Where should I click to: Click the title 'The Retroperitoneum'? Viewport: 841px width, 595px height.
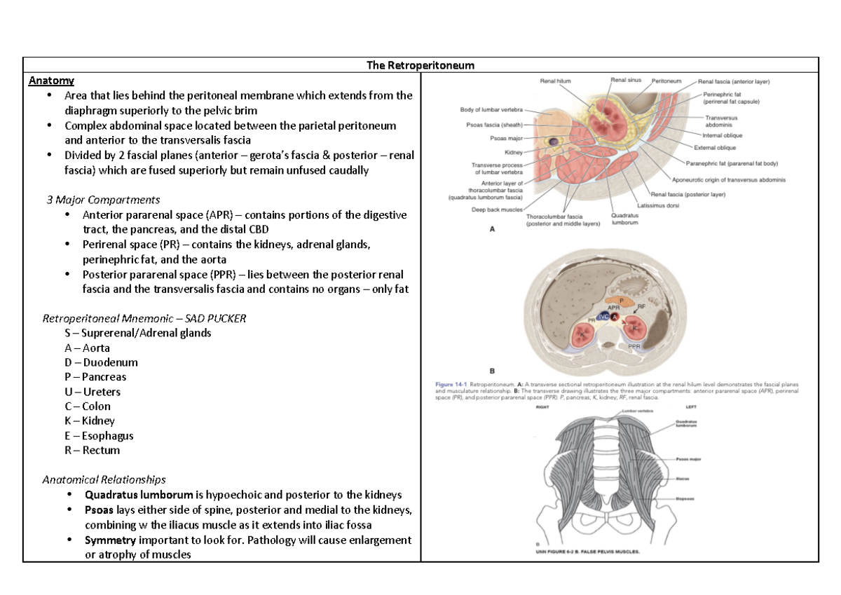[420, 65]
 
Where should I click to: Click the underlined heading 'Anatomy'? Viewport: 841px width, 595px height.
[51, 81]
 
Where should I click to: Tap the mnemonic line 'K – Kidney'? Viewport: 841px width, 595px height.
[89, 421]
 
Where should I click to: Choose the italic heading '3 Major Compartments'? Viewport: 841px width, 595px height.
[103, 200]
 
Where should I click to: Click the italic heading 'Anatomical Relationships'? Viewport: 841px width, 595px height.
[104, 480]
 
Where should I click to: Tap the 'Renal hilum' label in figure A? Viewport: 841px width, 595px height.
[555, 81]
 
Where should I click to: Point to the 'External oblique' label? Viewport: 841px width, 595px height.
[715, 148]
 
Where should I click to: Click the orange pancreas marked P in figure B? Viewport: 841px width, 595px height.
[619, 301]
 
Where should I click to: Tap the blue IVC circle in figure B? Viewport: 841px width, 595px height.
[603, 317]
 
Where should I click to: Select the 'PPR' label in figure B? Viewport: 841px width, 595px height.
[634, 346]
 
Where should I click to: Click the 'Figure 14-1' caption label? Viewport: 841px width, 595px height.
[450, 385]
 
